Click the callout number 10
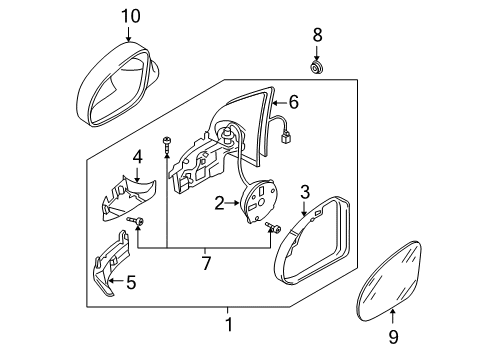(x=130, y=16)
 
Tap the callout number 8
(x=317, y=35)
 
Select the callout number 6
(x=293, y=102)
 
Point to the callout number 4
(x=137, y=157)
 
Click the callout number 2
(x=219, y=203)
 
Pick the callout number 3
(x=305, y=192)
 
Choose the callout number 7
(x=206, y=263)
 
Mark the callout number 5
(x=131, y=282)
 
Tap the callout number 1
(x=229, y=324)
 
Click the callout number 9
(x=393, y=337)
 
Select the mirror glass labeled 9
(x=388, y=281)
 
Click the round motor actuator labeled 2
(x=260, y=200)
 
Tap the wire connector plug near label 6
(x=286, y=137)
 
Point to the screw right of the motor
(x=273, y=228)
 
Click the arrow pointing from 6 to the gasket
(x=279, y=102)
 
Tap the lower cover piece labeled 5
(x=110, y=263)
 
